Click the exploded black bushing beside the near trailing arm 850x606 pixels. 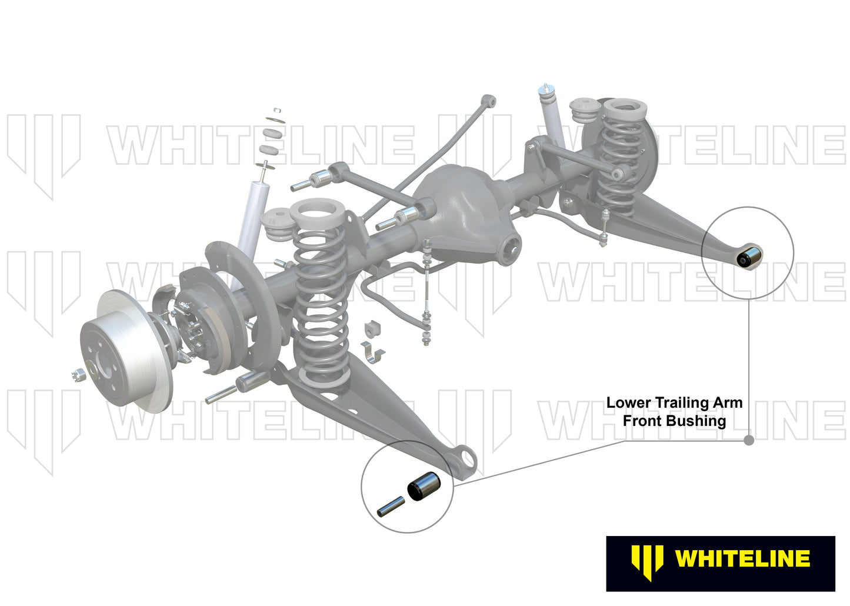pos(424,486)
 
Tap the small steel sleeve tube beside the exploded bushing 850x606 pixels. pos(391,507)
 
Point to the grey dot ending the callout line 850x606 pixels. pos(749,440)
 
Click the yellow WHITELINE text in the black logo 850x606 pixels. pos(742,558)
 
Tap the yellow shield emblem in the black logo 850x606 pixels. pos(648,561)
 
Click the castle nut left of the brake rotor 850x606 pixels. pos(79,375)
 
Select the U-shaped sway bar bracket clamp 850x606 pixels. pos(372,352)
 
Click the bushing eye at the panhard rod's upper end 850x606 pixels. pos(489,101)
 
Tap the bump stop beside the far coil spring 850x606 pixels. pos(585,111)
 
